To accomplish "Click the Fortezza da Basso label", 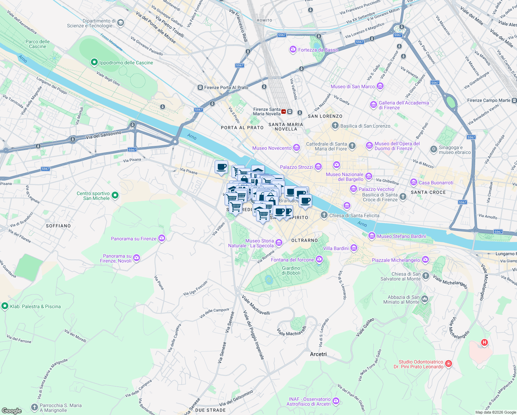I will pyautogui.click(x=318, y=50).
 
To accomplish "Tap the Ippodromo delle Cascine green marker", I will pyautogui.click(x=94, y=62).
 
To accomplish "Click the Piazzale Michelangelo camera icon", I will pyautogui.click(x=425, y=260).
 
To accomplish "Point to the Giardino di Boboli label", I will pyautogui.click(x=291, y=270).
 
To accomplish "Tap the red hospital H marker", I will pyautogui.click(x=485, y=343).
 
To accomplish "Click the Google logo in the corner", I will pyautogui.click(x=12, y=411).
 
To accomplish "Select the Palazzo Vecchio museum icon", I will pyautogui.click(x=353, y=189).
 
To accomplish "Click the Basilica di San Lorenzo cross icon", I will pyautogui.click(x=335, y=126).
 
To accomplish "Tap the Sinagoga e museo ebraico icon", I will pyautogui.click(x=433, y=149).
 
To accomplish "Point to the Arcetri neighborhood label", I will pyautogui.click(x=318, y=354).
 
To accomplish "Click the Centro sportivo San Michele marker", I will pyautogui.click(x=115, y=195).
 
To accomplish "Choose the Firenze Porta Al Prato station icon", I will pyautogui.click(x=200, y=87).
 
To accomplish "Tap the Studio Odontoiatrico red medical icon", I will pyautogui.click(x=449, y=363).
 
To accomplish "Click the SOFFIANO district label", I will pyautogui.click(x=58, y=226).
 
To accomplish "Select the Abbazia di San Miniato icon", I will pyautogui.click(x=425, y=299).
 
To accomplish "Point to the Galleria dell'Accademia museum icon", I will pyautogui.click(x=373, y=104).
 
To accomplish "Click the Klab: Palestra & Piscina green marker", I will pyautogui.click(x=4, y=306).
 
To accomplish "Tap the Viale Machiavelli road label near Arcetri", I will pyautogui.click(x=292, y=331).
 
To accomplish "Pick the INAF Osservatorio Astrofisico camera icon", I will pyautogui.click(x=336, y=401).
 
